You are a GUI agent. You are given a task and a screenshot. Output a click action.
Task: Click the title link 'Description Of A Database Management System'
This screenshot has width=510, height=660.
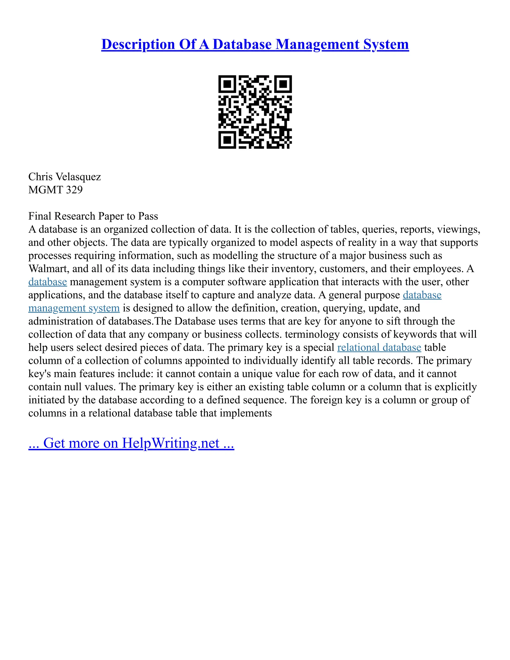[x=255, y=44]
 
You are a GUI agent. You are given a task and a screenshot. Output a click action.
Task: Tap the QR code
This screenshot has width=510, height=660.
[x=255, y=112]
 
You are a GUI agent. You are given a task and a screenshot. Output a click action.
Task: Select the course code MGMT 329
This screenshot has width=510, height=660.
[x=55, y=190]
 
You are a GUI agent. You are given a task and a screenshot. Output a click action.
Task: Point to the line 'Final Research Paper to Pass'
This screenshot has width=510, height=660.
[x=93, y=216]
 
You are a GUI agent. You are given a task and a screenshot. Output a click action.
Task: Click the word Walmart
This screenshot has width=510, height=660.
[x=48, y=269]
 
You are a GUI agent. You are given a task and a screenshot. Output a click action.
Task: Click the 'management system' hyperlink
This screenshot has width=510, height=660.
[x=74, y=308]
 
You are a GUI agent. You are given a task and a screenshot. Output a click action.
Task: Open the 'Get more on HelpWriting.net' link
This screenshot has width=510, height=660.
[x=131, y=443]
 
